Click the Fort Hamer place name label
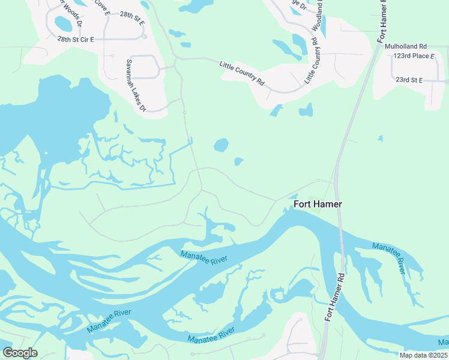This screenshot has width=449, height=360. tap(318, 204)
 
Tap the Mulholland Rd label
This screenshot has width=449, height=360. tap(406, 46)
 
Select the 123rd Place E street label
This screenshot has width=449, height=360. tap(414, 56)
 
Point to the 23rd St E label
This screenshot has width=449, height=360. tap(409, 80)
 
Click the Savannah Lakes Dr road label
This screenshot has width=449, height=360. tap(136, 85)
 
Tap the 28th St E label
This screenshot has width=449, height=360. tap(132, 15)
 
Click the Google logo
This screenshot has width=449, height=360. tap(20, 353)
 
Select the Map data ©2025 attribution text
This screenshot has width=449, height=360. tap(423, 355)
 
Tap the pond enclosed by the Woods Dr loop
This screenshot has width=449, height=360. tap(63, 24)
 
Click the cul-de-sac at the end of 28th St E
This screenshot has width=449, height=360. tap(144, 35)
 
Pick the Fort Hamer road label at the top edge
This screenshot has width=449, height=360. tap(382, 21)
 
